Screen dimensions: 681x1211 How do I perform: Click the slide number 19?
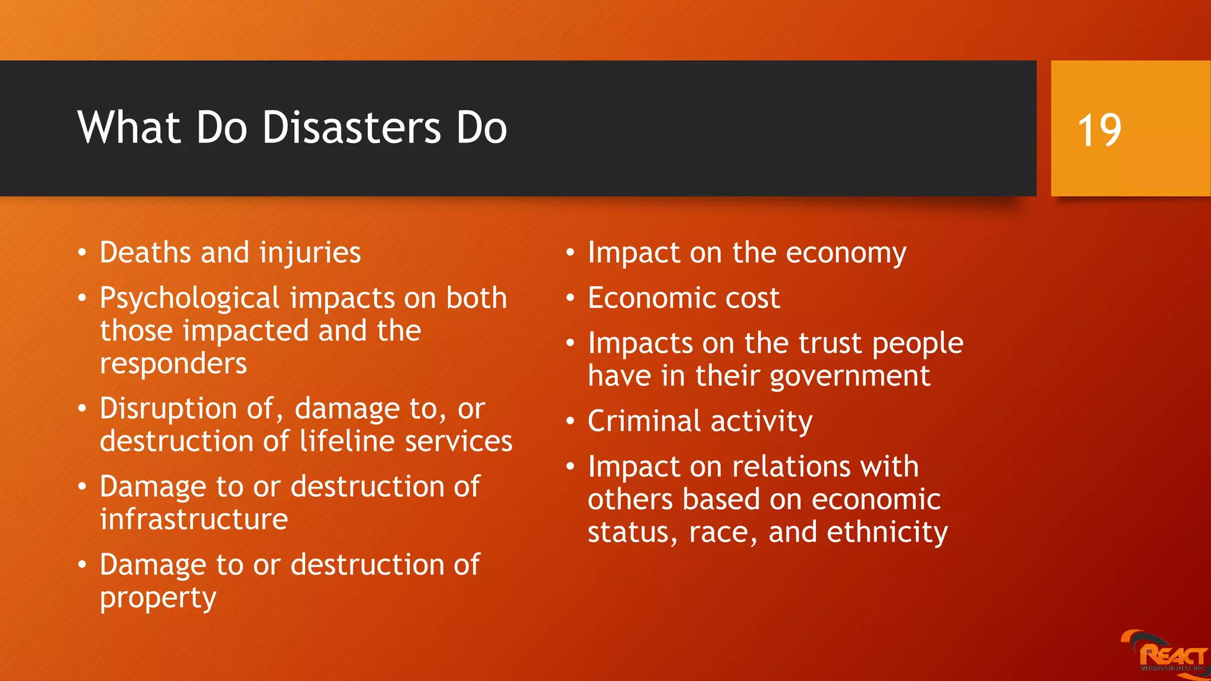click(x=1099, y=130)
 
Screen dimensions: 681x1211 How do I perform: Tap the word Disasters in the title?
click(x=351, y=128)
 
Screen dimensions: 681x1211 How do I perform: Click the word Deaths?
click(x=145, y=252)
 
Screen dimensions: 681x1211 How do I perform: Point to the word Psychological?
click(x=189, y=299)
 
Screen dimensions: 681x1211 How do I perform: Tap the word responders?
click(x=173, y=364)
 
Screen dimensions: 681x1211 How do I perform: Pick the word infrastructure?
click(x=194, y=520)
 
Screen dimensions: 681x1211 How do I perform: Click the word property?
click(x=158, y=598)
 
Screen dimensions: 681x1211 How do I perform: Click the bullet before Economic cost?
click(x=570, y=298)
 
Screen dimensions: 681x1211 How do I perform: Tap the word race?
click(x=722, y=533)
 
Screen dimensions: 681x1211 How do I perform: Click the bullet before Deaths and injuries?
click(x=82, y=253)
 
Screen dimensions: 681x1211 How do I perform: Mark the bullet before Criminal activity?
click(x=570, y=421)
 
